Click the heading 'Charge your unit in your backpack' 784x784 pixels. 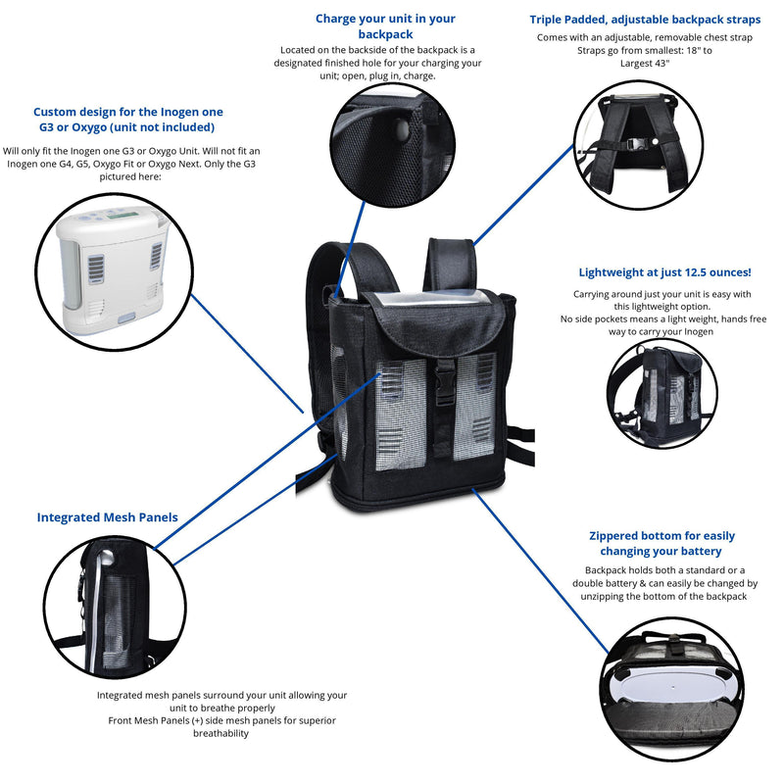(x=385, y=26)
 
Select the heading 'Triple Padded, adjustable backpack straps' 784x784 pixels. (x=645, y=19)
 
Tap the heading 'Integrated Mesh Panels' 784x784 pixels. (x=108, y=516)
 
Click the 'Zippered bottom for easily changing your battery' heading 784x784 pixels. (x=661, y=543)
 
